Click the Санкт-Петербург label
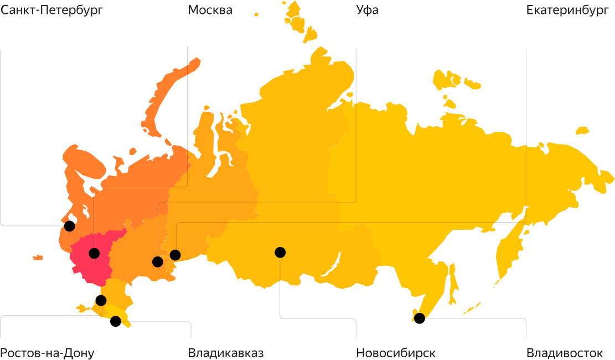pyautogui.click(x=51, y=11)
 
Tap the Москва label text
pyautogui.click(x=210, y=11)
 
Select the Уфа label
pyautogui.click(x=368, y=11)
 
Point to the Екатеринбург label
pyautogui.click(x=567, y=11)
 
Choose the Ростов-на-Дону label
pyautogui.click(x=47, y=353)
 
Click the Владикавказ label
pyautogui.click(x=226, y=353)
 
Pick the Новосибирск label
pyautogui.click(x=396, y=353)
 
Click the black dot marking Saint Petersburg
pyautogui.click(x=69, y=226)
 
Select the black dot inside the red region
pyautogui.click(x=94, y=254)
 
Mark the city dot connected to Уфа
pyautogui.click(x=158, y=262)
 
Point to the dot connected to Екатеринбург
pyautogui.click(x=175, y=255)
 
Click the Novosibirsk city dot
pyautogui.click(x=280, y=253)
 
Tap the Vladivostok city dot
pyautogui.click(x=420, y=318)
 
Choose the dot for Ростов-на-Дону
pyautogui.click(x=101, y=301)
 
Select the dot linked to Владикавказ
pyautogui.click(x=116, y=321)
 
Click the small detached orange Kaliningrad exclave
pyautogui.click(x=38, y=257)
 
